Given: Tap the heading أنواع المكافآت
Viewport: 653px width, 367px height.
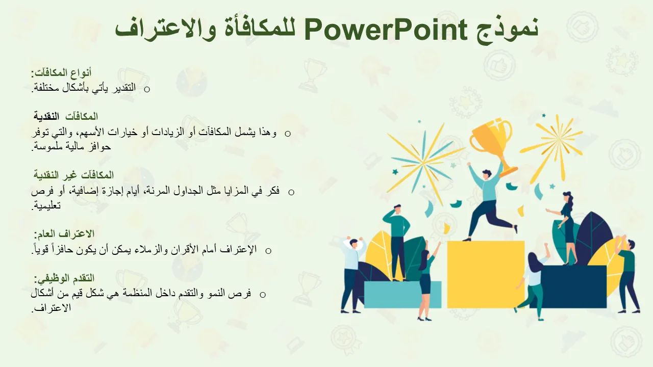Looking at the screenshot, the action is [x=62, y=72].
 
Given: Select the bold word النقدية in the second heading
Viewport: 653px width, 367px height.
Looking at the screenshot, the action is [x=46, y=117].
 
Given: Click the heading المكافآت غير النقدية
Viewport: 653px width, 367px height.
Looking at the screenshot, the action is [x=73, y=175].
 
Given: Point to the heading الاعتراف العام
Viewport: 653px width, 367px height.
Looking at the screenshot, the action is [x=64, y=234].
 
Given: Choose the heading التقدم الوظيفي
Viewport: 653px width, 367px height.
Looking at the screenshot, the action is [x=64, y=278].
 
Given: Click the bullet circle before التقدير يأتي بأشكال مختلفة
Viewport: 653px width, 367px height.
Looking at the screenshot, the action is [x=147, y=89].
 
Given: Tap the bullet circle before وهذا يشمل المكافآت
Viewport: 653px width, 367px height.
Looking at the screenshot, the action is [x=288, y=134].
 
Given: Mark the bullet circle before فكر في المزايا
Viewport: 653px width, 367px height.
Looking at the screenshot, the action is [x=291, y=192].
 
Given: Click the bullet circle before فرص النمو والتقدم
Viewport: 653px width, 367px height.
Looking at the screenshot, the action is [x=262, y=295].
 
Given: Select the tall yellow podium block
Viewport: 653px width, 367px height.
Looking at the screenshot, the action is [x=486, y=274].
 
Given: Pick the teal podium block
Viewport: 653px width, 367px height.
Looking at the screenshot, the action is [x=403, y=295].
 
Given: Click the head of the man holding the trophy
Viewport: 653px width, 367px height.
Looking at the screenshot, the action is [x=486, y=174].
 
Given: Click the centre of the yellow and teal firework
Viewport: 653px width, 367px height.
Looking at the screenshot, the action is [x=423, y=163].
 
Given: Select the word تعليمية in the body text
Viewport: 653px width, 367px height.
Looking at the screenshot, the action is [x=46, y=205].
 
